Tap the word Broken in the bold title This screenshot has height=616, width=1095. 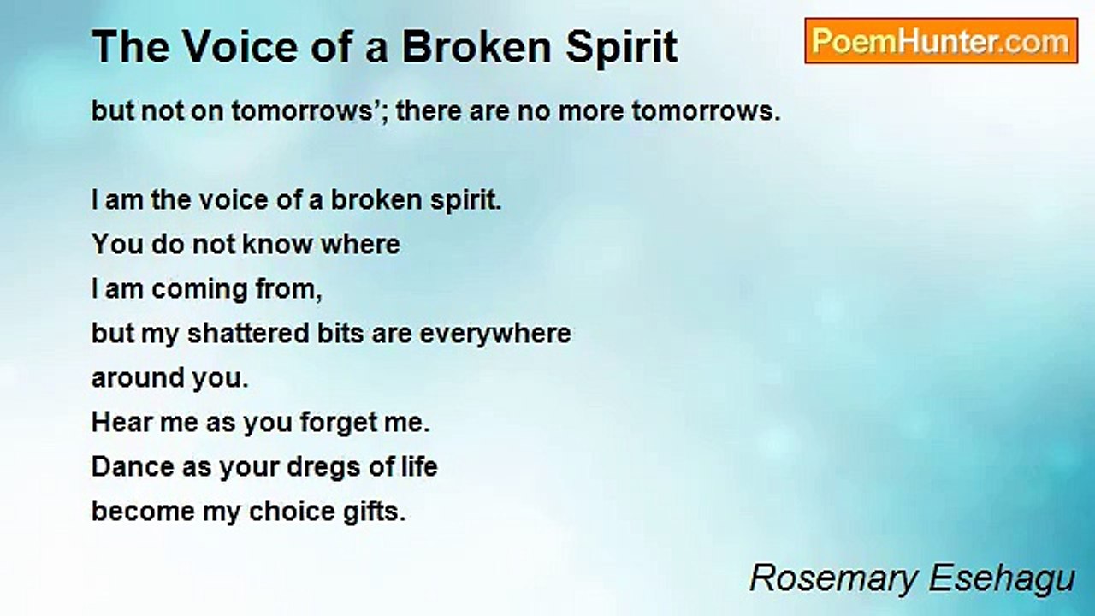coord(477,47)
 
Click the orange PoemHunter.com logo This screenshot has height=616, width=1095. coord(941,41)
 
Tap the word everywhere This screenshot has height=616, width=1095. coord(495,335)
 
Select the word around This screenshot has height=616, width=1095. coord(138,378)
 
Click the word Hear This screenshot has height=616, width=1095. coord(121,422)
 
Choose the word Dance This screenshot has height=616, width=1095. coord(133,466)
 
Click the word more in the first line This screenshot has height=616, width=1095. coord(590,111)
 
